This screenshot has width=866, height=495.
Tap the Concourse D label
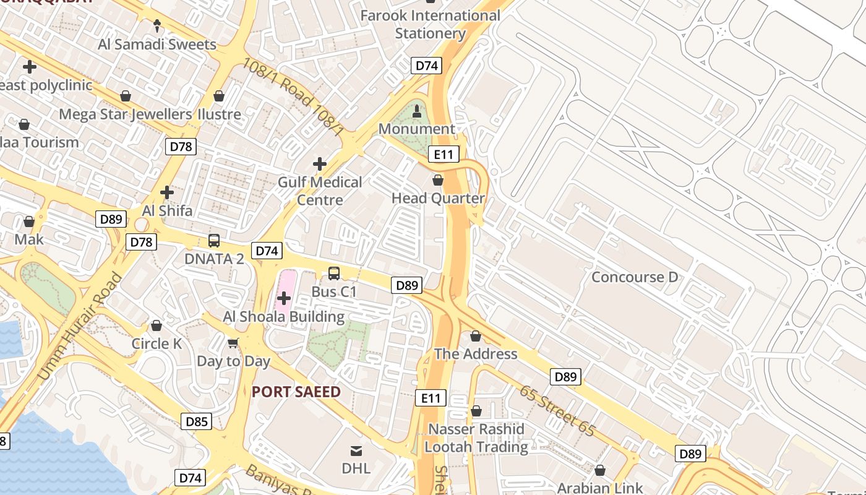(635, 277)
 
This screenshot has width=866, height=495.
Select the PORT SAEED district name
(296, 392)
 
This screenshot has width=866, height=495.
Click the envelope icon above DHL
(356, 450)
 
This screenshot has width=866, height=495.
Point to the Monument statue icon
(416, 111)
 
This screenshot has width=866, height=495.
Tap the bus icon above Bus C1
(333, 273)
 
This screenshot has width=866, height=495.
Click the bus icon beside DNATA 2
(213, 241)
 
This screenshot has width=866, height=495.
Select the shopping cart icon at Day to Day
(233, 343)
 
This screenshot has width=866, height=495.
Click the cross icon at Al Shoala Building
(284, 299)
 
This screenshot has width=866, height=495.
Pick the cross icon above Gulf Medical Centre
(319, 164)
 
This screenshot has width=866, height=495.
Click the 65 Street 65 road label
(557, 411)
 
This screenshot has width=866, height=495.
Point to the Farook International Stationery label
(430, 24)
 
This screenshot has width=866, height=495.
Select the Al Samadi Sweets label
(157, 44)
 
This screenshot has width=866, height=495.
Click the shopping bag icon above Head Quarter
(438, 180)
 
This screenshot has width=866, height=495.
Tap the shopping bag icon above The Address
(475, 336)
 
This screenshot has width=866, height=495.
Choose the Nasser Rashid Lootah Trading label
(476, 437)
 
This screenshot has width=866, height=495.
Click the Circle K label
(156, 343)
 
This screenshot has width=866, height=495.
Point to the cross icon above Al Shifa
(167, 192)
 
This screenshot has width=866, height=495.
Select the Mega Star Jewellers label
(125, 114)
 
